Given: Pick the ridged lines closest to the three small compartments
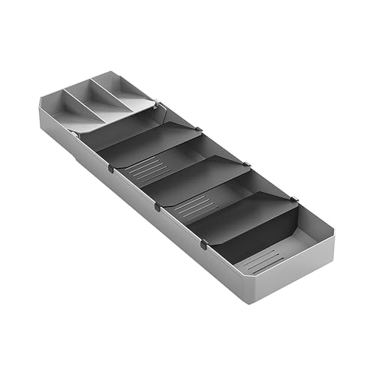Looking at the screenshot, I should [x=138, y=169].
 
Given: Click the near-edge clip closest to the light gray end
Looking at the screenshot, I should [x=204, y=244].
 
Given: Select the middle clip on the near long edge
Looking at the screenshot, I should [x=157, y=207].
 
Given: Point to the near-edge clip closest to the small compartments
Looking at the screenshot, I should [x=111, y=169].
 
